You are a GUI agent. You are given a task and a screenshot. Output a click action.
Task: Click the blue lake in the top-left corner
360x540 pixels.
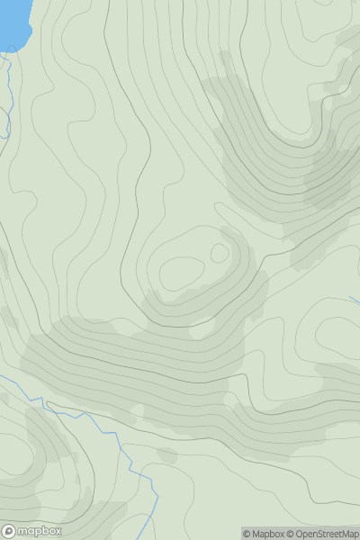pyautogui.click(x=13, y=20)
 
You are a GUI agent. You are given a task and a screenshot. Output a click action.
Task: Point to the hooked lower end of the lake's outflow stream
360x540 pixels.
pyautogui.click(x=4, y=135)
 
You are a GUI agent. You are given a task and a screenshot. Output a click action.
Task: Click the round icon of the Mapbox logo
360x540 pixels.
pyautogui.click(x=9, y=531)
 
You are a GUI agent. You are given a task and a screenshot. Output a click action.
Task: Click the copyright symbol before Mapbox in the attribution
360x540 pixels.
pyautogui.click(x=247, y=534)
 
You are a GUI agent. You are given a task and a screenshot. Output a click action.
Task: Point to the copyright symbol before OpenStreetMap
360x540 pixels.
pyautogui.click(x=292, y=534)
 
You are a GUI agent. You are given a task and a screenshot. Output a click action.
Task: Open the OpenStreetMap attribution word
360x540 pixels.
pyautogui.click(x=328, y=534)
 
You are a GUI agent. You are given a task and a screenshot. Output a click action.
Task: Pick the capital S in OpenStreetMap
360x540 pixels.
pyautogui.click(x=328, y=534)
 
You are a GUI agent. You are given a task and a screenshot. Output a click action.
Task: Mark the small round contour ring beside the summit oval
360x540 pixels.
pyautogui.click(x=220, y=253)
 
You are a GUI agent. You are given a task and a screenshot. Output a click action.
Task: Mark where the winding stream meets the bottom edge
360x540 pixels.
pyautogui.click(x=155, y=537)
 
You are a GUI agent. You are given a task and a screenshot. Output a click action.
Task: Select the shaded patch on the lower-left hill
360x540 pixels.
pyautogui.click(x=49, y=436)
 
